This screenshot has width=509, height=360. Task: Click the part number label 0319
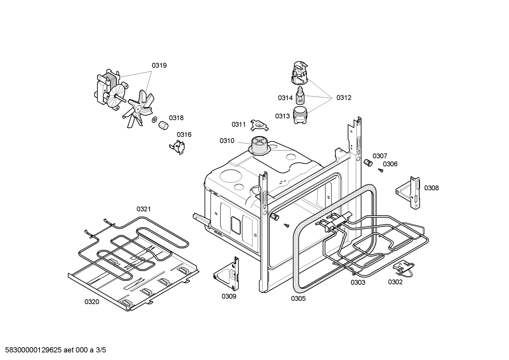(159, 65)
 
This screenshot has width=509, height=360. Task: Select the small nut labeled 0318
(163, 125)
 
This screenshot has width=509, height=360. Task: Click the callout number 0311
(239, 124)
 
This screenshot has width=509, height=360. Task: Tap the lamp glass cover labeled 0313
(300, 116)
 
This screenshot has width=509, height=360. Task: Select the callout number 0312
(343, 98)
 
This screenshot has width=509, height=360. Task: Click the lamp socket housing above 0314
(300, 73)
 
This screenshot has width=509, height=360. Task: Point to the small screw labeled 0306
(381, 170)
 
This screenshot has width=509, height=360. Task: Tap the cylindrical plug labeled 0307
(368, 163)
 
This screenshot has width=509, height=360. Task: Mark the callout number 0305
(298, 299)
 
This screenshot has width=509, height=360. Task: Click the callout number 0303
(358, 282)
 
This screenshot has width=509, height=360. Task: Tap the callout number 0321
(144, 209)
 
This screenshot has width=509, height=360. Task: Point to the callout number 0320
(92, 302)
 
